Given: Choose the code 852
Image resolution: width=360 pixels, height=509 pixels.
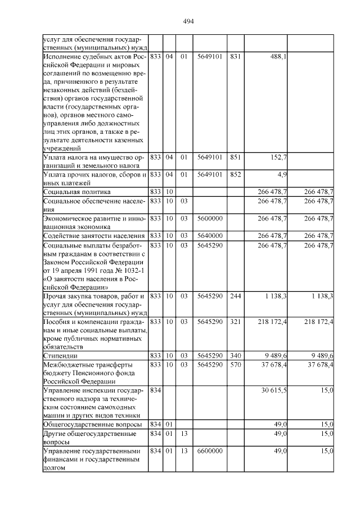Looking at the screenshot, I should [x=235, y=174].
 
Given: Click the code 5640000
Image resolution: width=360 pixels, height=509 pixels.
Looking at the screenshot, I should [x=209, y=235].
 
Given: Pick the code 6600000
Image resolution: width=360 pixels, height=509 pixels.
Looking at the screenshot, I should [x=209, y=451].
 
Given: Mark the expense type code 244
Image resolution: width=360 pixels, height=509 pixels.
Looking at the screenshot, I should [x=235, y=296].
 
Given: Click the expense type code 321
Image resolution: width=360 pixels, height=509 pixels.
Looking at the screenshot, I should [x=235, y=321].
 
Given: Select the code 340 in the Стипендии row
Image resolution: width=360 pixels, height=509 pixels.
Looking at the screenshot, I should [x=235, y=355].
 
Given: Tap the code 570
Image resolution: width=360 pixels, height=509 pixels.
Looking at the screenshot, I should [x=235, y=364].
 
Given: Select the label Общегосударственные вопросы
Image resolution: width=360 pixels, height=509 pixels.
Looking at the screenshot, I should [x=92, y=425].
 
